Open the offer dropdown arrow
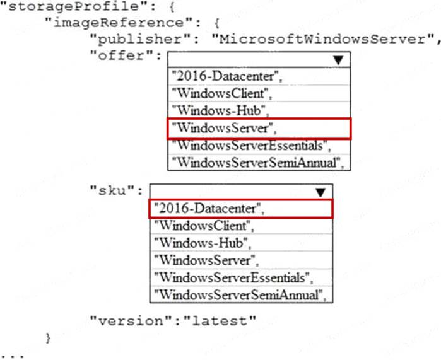[x=339, y=60]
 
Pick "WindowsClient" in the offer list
[x=221, y=94]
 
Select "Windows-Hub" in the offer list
[x=220, y=111]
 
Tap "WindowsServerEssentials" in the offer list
[x=252, y=145]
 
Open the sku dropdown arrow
[x=320, y=192]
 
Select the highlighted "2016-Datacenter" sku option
[x=208, y=209]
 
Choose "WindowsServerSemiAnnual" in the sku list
[x=240, y=294]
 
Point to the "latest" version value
[x=220, y=320]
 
